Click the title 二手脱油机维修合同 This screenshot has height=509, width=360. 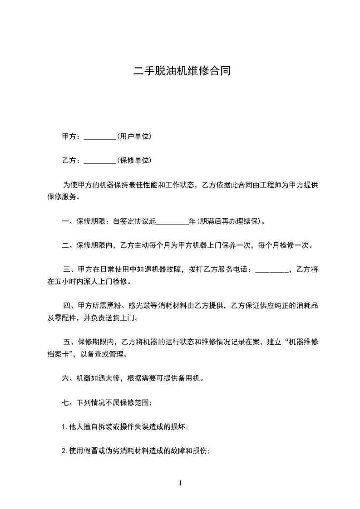(182, 71)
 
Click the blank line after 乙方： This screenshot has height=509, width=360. (100, 162)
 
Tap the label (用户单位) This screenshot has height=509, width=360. (134, 136)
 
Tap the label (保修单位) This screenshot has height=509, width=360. (134, 160)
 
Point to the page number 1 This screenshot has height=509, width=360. (180, 483)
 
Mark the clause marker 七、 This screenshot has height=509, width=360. (65, 402)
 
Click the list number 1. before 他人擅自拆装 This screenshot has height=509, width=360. (64, 426)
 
